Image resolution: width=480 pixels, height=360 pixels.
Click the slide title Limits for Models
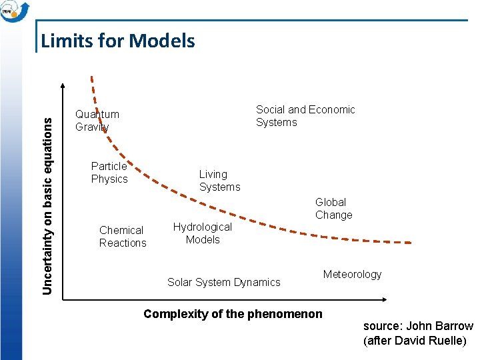click(x=118, y=41)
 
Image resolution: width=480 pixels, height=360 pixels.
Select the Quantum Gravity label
click(x=97, y=121)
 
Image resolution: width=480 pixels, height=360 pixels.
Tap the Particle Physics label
click(x=109, y=173)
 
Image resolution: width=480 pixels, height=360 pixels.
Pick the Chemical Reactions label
click(x=123, y=237)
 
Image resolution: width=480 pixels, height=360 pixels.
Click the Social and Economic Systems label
click(x=305, y=116)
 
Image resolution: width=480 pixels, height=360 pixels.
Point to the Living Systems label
click(x=219, y=181)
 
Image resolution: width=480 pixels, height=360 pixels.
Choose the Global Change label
click(x=333, y=209)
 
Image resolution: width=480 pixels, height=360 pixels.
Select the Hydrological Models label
click(x=203, y=233)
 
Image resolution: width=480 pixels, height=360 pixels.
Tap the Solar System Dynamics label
click(x=224, y=283)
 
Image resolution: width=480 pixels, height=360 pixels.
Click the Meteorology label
click(x=352, y=275)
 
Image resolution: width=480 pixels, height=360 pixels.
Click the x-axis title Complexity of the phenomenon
click(x=233, y=314)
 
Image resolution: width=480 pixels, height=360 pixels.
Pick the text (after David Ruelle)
click(x=415, y=341)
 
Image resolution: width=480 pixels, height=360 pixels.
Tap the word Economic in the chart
click(x=332, y=110)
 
